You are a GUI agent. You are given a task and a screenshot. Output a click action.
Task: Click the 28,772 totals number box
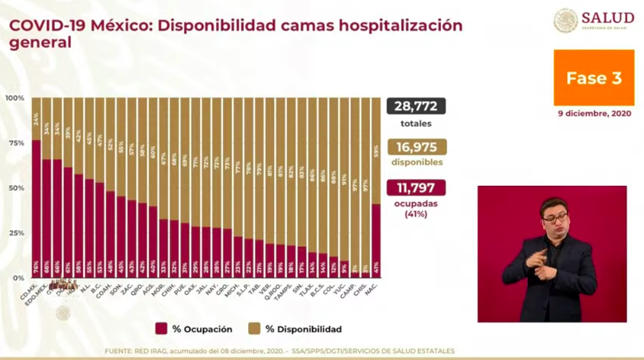point(416,106)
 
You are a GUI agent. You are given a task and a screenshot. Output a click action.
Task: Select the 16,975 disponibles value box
point(416,147)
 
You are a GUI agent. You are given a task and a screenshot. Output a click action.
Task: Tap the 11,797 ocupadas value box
point(416,188)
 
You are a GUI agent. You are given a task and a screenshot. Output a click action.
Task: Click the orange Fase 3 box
point(594,78)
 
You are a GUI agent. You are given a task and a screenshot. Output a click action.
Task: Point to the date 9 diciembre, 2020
point(594,113)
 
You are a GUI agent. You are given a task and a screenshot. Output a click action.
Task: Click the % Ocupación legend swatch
point(161,329)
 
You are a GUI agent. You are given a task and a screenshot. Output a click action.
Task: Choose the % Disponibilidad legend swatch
point(253,329)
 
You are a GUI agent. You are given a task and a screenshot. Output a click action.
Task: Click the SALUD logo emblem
point(565,20)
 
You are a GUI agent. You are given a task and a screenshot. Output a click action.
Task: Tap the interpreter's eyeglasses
point(555,218)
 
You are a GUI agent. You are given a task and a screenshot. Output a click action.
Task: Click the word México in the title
point(121,26)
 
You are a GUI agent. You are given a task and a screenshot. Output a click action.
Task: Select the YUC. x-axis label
point(339,287)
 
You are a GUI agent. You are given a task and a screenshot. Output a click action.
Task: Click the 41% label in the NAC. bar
point(376,266)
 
